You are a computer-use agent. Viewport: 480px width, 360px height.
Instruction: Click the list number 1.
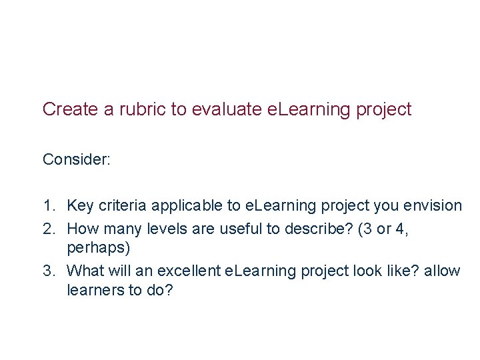pyautogui.click(x=49, y=205)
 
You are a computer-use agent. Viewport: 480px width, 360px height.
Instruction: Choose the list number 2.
pyautogui.click(x=49, y=229)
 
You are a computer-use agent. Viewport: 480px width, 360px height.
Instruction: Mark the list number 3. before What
pyautogui.click(x=49, y=271)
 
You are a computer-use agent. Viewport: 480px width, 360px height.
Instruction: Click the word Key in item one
pyautogui.click(x=81, y=205)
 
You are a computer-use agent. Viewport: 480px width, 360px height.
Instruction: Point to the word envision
pyautogui.click(x=434, y=205)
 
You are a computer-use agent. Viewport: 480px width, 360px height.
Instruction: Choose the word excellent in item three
pyautogui.click(x=192, y=271)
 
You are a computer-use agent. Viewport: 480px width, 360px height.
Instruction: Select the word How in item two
pyautogui.click(x=83, y=229)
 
